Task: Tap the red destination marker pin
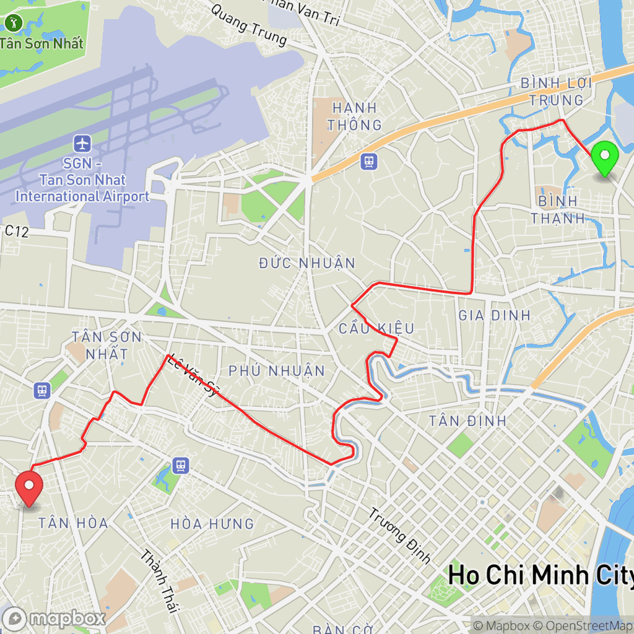[x=28, y=487]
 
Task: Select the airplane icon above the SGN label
[x=82, y=144]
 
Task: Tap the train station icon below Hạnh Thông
[x=369, y=162]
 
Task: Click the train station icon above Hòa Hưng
[x=180, y=464]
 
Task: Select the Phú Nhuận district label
[x=277, y=371]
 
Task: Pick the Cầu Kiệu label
[x=376, y=328]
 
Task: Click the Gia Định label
[x=495, y=315]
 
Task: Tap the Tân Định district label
[x=468, y=421]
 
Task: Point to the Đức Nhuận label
[x=308, y=263]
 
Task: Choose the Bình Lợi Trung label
[x=556, y=92]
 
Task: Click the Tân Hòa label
[x=73, y=523]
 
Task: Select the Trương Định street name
[x=400, y=536]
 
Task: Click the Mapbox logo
[x=54, y=618]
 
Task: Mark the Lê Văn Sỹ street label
[x=194, y=375]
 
